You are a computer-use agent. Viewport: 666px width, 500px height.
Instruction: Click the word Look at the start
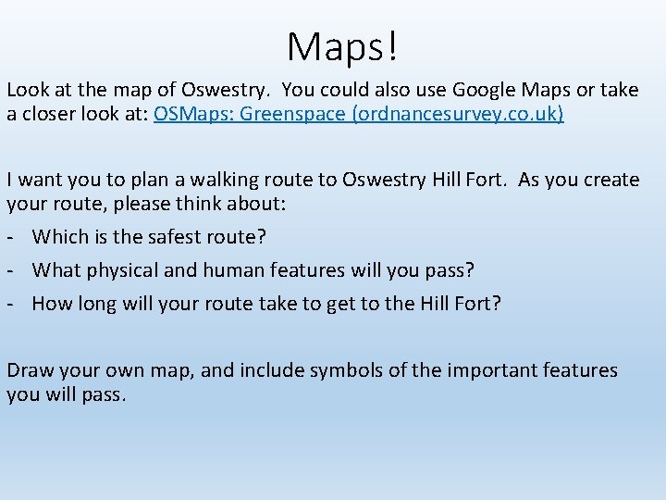[28, 90]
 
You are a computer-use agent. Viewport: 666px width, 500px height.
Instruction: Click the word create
[607, 179]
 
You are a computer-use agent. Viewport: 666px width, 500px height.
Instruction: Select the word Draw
[30, 370]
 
